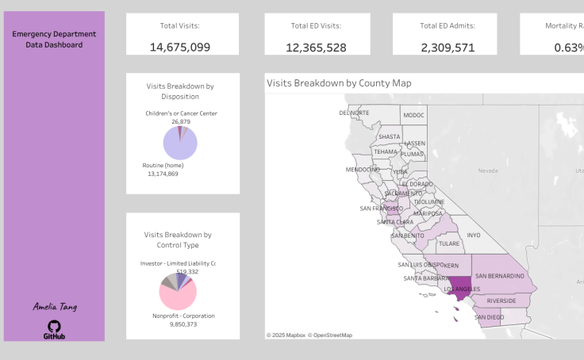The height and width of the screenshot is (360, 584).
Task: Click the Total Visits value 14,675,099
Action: click(x=180, y=47)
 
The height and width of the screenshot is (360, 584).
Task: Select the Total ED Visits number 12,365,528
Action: click(x=316, y=47)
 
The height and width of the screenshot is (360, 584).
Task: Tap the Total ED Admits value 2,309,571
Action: click(x=448, y=47)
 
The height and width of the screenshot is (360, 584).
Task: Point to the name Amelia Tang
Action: click(x=54, y=306)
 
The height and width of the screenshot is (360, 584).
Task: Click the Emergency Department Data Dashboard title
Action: click(x=54, y=39)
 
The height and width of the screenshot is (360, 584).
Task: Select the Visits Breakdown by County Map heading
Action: click(x=339, y=82)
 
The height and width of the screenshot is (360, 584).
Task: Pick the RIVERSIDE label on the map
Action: click(x=501, y=301)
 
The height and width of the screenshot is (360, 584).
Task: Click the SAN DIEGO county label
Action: click(x=489, y=316)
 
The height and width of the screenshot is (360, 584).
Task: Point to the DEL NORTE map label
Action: click(x=354, y=113)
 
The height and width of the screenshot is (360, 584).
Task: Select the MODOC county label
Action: click(x=413, y=115)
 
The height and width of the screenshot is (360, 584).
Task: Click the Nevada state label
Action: click(x=487, y=170)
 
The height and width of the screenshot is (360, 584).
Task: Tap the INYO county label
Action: click(x=474, y=235)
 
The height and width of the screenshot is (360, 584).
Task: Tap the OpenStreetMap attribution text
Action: click(x=330, y=335)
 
